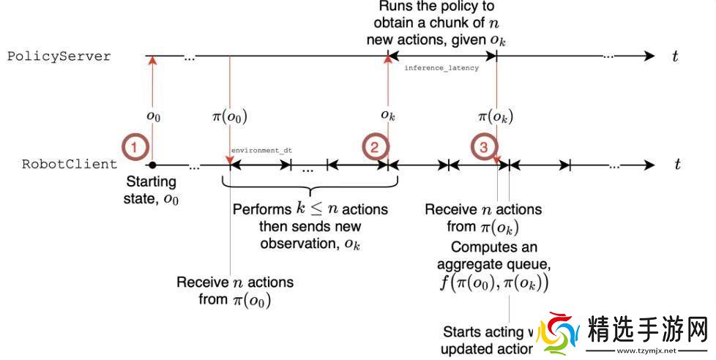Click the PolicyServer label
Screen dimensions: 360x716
pos(59,56)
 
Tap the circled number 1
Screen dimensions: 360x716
pos(133,147)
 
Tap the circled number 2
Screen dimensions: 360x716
pos(374,147)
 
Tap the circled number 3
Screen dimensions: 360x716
pos(483,147)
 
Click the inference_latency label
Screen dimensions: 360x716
pos(441,68)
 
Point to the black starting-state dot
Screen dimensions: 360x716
pos(152,165)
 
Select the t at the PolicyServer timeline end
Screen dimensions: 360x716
pos(675,56)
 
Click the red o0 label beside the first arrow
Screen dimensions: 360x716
pos(152,116)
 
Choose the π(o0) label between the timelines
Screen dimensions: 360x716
pos(229,116)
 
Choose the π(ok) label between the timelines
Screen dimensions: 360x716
pos(496,116)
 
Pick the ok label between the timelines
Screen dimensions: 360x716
pos(388,116)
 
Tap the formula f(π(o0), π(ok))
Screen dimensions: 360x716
pos(495,282)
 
